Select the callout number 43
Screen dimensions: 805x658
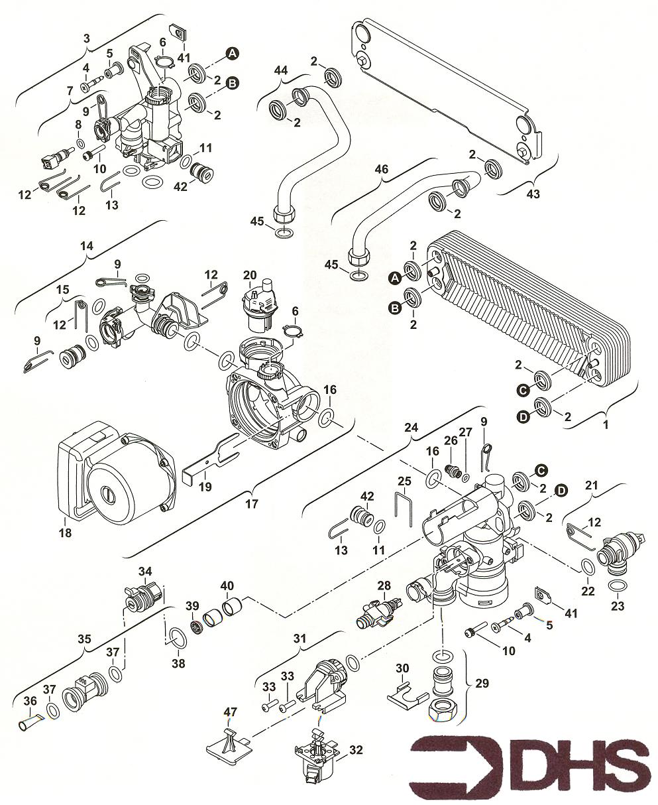532,194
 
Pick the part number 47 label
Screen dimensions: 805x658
230,712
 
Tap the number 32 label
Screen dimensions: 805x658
356,751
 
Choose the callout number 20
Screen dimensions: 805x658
250,275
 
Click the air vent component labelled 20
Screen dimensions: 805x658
258,304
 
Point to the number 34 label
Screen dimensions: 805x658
145,571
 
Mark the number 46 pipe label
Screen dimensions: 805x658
381,170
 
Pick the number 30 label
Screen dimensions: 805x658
402,667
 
